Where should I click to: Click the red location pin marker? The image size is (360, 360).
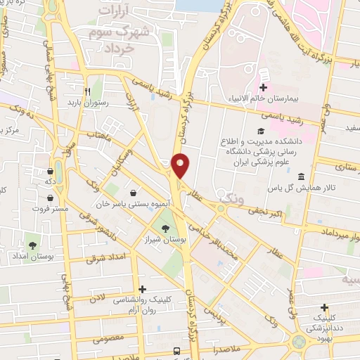click(181, 166)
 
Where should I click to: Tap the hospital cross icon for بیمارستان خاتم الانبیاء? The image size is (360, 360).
click(263, 88)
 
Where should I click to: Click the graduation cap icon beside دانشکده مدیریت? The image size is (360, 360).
click(260, 131)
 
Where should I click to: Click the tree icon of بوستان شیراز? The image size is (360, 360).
click(165, 229)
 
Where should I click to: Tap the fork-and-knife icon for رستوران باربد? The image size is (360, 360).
click(88, 91)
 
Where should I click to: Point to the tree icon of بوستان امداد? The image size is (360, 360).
click(32, 245)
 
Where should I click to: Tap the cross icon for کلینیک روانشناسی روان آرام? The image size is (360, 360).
click(143, 289)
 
